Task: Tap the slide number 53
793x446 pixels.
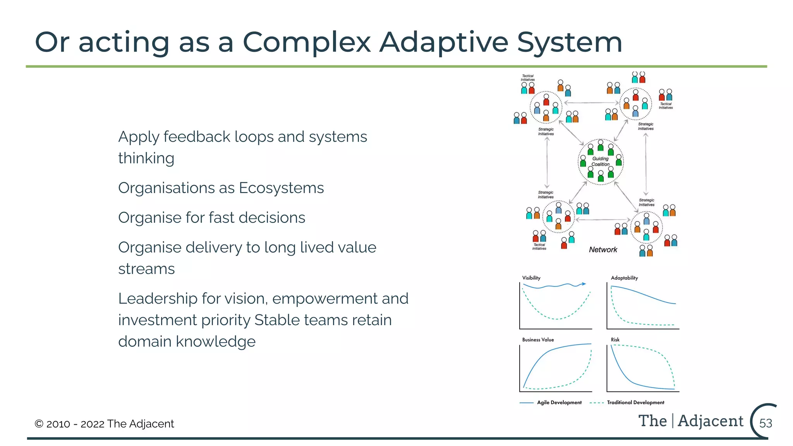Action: tap(766, 423)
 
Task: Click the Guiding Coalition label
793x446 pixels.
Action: tap(600, 161)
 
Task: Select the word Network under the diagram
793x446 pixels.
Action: tap(603, 250)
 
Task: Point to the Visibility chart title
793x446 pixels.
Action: tap(531, 278)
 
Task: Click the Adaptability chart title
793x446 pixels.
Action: tap(624, 278)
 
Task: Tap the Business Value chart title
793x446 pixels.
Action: tap(538, 340)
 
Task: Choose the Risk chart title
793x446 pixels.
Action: tap(615, 340)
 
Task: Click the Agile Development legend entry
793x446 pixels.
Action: tap(559, 403)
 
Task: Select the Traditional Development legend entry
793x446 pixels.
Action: tap(635, 403)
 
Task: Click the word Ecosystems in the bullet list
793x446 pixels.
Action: tap(281, 188)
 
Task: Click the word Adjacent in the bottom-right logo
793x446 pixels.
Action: tap(711, 421)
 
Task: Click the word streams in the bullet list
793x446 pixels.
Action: tap(146, 269)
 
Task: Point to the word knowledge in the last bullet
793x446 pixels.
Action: tap(215, 342)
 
